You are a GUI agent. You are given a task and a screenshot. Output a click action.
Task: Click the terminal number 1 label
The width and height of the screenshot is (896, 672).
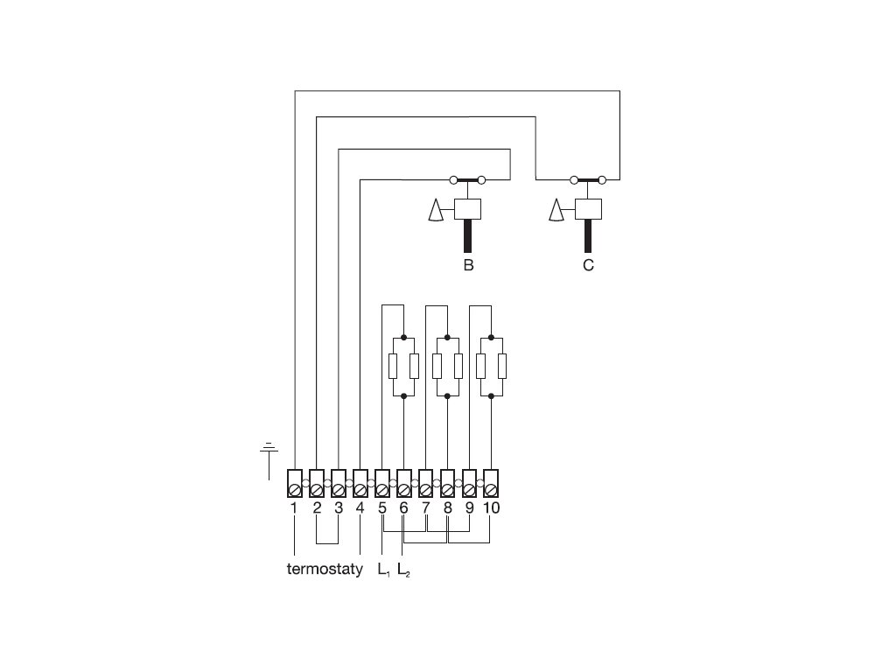pos(294,507)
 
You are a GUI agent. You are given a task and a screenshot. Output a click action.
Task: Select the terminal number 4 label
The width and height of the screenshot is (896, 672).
pos(360,507)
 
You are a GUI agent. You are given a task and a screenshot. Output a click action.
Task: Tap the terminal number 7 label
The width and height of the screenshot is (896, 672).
pos(425,507)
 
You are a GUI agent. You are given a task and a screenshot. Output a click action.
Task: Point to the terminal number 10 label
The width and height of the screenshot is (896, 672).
pos(491,507)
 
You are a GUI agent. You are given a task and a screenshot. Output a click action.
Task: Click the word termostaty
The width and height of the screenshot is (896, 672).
pos(325,570)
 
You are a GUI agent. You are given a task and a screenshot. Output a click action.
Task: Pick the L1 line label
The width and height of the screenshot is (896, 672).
pos(383,570)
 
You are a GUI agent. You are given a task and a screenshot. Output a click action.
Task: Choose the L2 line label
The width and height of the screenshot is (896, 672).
pos(403,570)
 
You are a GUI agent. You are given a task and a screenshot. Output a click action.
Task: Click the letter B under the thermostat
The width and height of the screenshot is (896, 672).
pos(468,265)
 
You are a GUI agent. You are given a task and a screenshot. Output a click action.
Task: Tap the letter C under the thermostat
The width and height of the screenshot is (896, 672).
pos(588,265)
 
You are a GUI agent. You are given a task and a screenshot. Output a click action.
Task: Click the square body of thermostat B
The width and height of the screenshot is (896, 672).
pos(468,209)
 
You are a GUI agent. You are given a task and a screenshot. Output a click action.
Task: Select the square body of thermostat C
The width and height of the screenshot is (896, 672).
pos(588,209)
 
